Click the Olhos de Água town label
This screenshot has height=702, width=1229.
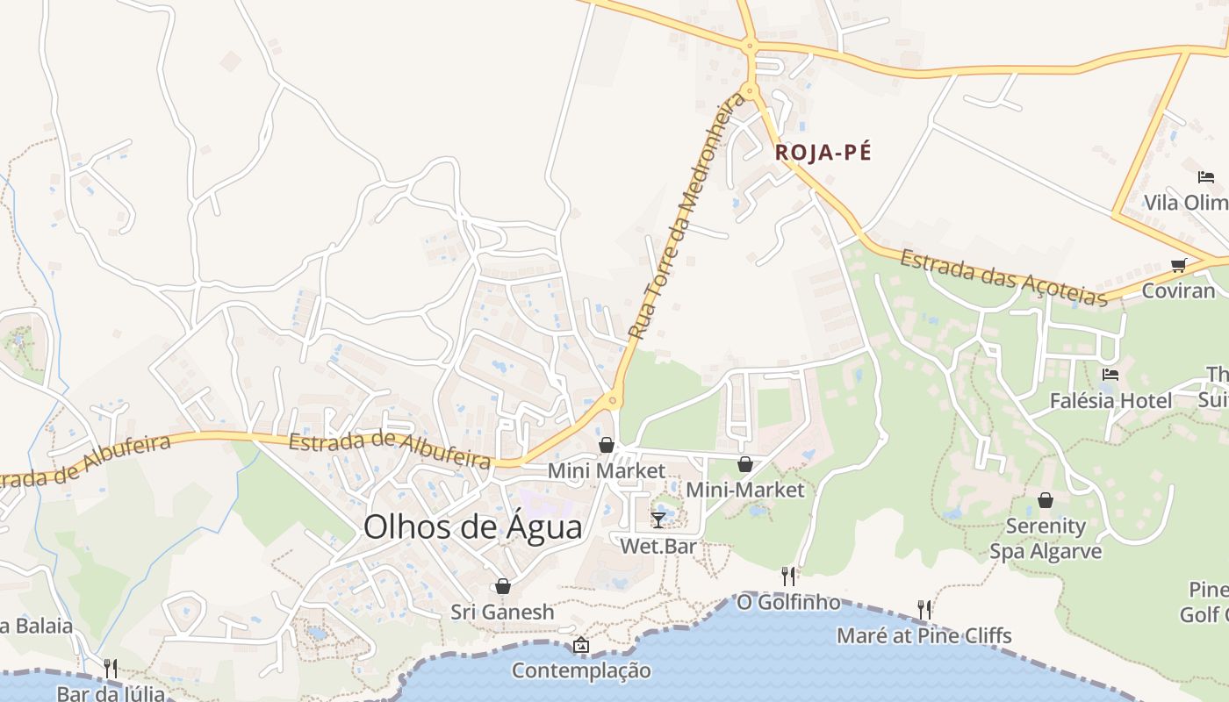pyautogui.click(x=472, y=527)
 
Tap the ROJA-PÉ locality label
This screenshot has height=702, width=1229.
pyautogui.click(x=823, y=153)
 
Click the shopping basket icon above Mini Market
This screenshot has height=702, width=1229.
pyautogui.click(x=606, y=446)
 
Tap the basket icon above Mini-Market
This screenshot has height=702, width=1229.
pyautogui.click(x=745, y=464)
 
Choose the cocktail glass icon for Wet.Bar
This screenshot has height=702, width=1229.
pyautogui.click(x=658, y=519)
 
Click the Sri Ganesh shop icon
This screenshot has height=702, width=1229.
pyautogui.click(x=503, y=586)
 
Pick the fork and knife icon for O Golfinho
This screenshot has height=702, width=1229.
pyautogui.click(x=788, y=576)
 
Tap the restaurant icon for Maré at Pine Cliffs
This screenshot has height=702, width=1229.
pyautogui.click(x=924, y=609)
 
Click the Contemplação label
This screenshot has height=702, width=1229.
pyautogui.click(x=581, y=671)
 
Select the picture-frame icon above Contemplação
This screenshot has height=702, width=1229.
pyautogui.click(x=580, y=646)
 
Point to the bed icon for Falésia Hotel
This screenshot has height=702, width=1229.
pyautogui.click(x=1110, y=375)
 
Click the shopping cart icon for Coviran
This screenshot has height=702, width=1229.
pyautogui.click(x=1179, y=265)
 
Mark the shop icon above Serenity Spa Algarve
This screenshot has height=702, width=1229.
pyautogui.click(x=1045, y=500)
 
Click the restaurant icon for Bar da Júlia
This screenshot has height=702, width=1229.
pyautogui.click(x=111, y=669)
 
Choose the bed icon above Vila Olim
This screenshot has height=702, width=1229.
pyautogui.click(x=1206, y=177)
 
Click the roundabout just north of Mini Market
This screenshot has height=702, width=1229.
pyautogui.click(x=613, y=401)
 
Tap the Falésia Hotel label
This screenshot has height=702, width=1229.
pyautogui.click(x=1110, y=401)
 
